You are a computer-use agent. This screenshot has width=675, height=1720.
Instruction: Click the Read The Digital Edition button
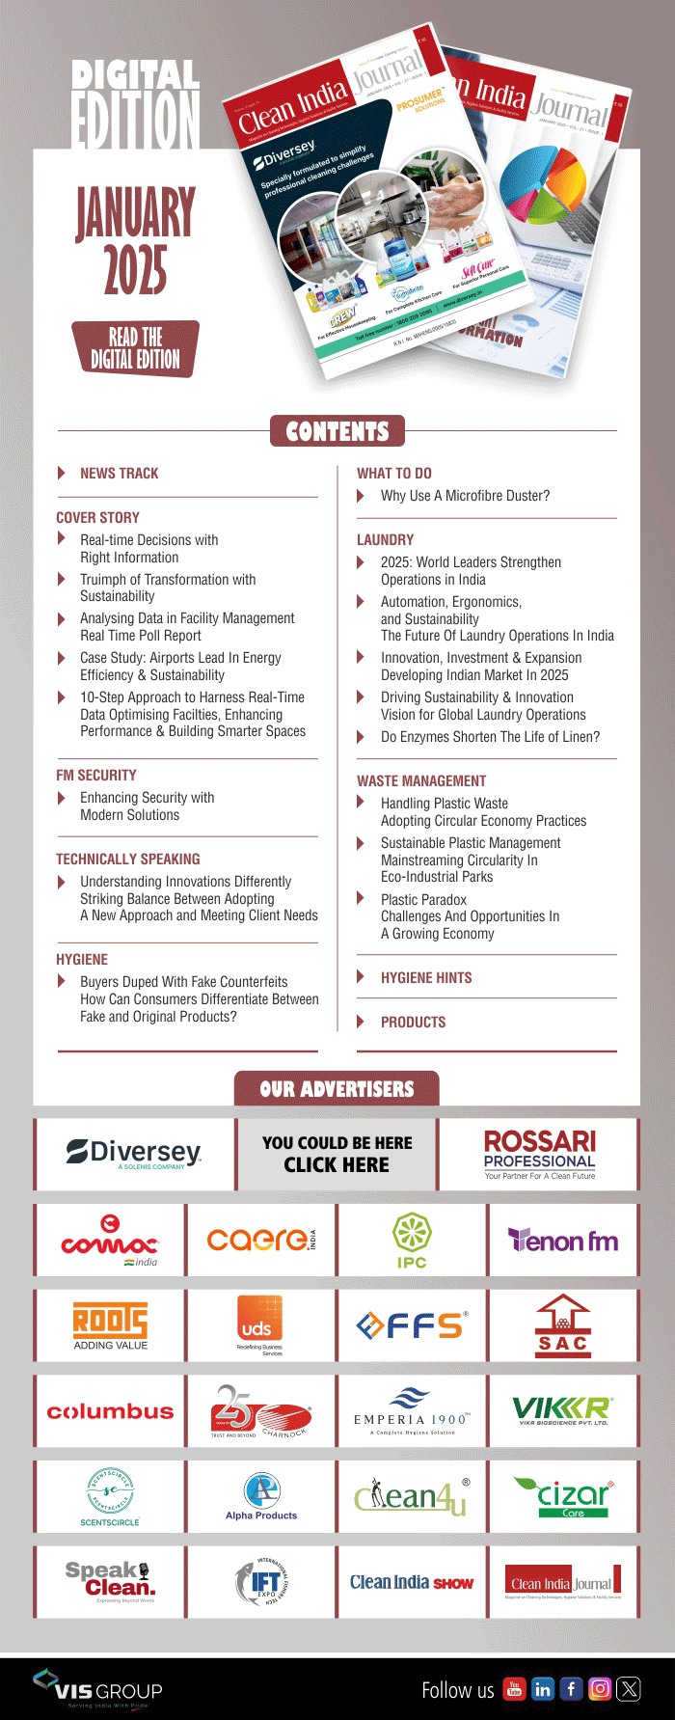(x=135, y=348)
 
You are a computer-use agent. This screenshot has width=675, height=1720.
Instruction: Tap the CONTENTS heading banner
(x=337, y=431)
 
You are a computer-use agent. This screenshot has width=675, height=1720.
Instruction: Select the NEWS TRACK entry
(x=119, y=473)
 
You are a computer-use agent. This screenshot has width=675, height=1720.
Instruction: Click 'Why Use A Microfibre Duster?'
(x=465, y=496)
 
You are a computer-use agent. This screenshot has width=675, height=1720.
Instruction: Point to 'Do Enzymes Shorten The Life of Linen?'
(x=490, y=737)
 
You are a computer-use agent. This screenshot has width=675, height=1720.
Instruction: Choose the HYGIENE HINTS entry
(x=426, y=977)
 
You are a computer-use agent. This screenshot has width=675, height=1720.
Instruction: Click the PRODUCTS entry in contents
(x=413, y=1022)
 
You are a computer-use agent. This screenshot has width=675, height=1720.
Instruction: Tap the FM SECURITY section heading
(x=96, y=775)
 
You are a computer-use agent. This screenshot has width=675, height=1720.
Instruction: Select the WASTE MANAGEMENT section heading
(x=421, y=780)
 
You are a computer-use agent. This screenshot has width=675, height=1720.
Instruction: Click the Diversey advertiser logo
(x=134, y=1154)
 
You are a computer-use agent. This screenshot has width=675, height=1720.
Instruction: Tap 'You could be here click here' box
(x=337, y=1154)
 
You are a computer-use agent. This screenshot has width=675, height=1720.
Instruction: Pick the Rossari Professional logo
(x=539, y=1154)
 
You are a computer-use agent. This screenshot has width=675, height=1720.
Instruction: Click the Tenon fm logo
(x=562, y=1241)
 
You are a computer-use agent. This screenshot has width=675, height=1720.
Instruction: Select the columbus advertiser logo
(x=110, y=1411)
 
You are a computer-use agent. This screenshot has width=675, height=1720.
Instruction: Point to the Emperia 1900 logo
(x=412, y=1411)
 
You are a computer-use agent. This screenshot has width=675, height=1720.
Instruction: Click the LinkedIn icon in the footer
(x=543, y=1688)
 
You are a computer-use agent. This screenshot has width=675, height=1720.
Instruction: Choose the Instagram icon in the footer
(x=600, y=1688)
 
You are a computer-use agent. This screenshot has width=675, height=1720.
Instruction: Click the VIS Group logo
(x=97, y=1688)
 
